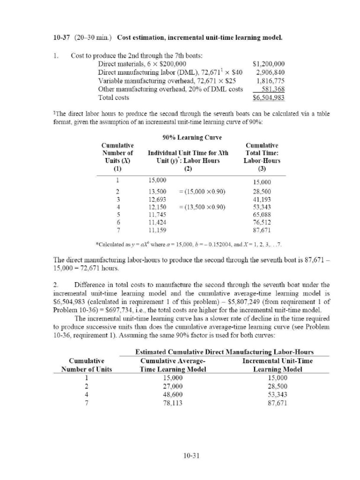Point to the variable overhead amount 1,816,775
coord(270,81)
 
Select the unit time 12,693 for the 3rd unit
coord(157,199)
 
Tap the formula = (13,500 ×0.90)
coord(202,207)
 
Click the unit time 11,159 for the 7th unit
coord(157,230)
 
